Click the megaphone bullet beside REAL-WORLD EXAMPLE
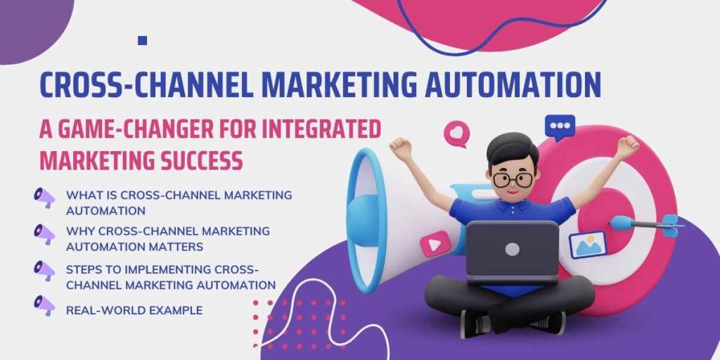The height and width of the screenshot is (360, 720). (44, 305)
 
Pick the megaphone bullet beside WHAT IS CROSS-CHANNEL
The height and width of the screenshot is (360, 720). (44, 198)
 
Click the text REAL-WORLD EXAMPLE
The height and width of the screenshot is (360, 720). (134, 310)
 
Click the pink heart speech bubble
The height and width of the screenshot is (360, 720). (456, 133)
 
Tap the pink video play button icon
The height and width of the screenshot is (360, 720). (430, 246)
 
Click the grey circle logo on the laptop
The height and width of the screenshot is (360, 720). (512, 249)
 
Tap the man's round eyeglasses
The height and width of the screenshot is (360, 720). (511, 179)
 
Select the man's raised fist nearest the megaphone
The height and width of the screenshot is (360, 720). (401, 148)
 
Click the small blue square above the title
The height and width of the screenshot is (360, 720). (143, 41)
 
